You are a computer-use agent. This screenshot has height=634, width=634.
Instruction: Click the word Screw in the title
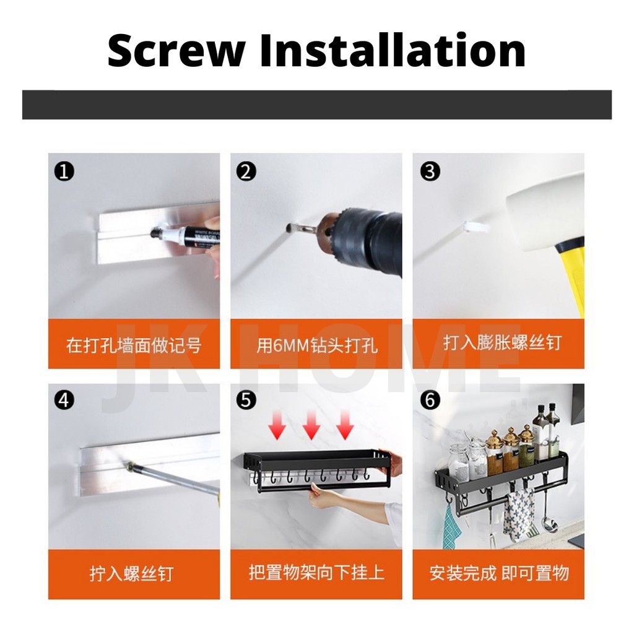pyautogui.click(x=176, y=51)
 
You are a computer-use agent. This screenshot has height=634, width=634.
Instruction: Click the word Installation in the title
pyautogui.click(x=392, y=50)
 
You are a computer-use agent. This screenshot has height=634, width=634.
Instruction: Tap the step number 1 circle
pyautogui.click(x=64, y=172)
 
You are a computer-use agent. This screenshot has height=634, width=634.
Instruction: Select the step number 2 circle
pyautogui.click(x=246, y=172)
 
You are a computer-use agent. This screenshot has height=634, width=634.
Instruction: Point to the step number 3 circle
pyautogui.click(x=430, y=172)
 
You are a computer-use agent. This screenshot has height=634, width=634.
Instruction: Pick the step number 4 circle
pyautogui.click(x=64, y=401)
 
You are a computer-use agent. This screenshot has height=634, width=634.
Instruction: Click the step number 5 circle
pyautogui.click(x=246, y=400)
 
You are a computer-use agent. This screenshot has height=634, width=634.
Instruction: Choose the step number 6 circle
pyautogui.click(x=430, y=400)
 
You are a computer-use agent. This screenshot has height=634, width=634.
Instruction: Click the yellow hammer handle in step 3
pyautogui.click(x=571, y=276)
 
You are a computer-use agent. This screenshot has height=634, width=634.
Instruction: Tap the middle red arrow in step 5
pyautogui.click(x=311, y=424)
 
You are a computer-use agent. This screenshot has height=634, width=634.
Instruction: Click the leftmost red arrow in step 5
pyautogui.click(x=277, y=424)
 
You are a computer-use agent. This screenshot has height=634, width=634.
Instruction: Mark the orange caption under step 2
pyautogui.click(x=316, y=344)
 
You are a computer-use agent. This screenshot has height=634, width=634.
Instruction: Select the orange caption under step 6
pyautogui.click(x=498, y=574)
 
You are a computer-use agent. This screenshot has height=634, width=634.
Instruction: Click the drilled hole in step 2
pyautogui.click(x=289, y=228)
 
